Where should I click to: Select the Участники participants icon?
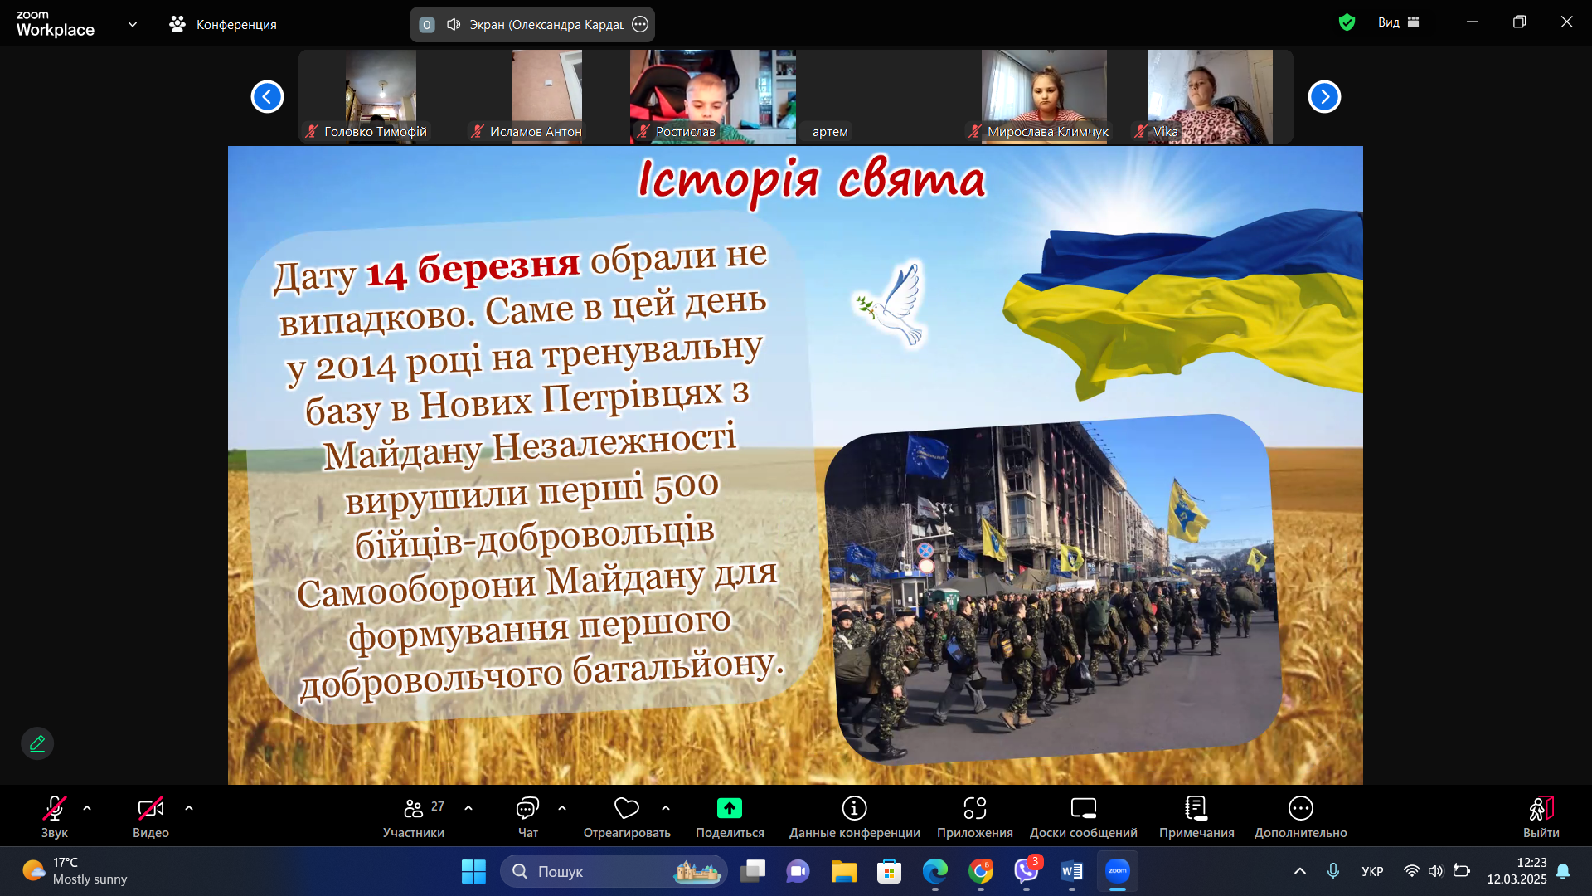(x=414, y=808)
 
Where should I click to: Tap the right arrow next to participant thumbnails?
(x=1324, y=97)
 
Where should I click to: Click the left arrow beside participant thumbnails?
(x=267, y=97)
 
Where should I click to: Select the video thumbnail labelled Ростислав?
(x=713, y=96)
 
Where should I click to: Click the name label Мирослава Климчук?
(x=1048, y=132)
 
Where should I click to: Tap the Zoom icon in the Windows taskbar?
(x=1118, y=871)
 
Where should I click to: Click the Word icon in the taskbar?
(x=1071, y=871)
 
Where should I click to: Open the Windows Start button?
(x=473, y=871)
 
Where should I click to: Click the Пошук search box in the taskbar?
(x=614, y=871)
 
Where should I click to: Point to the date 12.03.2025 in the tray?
(x=1517, y=879)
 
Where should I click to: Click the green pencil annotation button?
(x=37, y=743)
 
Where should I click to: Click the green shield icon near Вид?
(x=1347, y=22)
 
